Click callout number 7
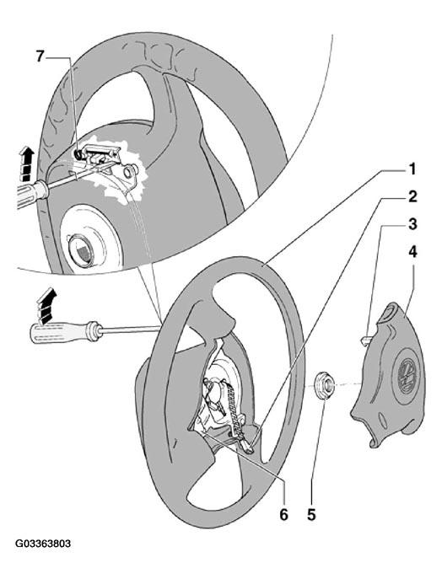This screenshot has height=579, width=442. (x=40, y=57)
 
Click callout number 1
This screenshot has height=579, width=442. (x=412, y=169)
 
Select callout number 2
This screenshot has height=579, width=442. (x=412, y=197)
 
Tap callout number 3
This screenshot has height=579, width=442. (x=412, y=224)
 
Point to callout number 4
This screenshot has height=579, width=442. (x=412, y=252)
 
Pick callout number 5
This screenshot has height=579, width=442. (x=311, y=514)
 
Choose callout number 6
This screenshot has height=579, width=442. (x=283, y=514)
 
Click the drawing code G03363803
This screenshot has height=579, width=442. (x=43, y=544)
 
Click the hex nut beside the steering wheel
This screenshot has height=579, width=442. (x=324, y=386)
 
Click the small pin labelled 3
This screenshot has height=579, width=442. (x=364, y=340)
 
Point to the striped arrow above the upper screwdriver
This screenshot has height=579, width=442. (x=27, y=164)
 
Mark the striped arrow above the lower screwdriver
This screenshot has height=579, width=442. (x=47, y=305)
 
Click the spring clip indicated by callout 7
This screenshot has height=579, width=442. (x=79, y=154)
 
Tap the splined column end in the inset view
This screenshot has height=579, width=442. (x=81, y=249)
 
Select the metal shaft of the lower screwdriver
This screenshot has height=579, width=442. (x=130, y=329)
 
